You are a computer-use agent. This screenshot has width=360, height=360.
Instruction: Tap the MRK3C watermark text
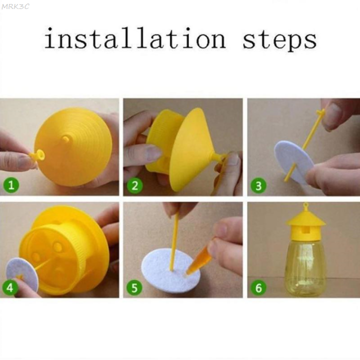pyautogui.click(x=15, y=6)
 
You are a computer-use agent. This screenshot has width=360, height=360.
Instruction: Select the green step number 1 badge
pyautogui.click(x=12, y=186)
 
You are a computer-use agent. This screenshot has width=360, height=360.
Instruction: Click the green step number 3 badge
pyautogui.click(x=258, y=186)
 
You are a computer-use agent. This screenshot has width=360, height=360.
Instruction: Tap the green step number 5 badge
pyautogui.click(x=135, y=288)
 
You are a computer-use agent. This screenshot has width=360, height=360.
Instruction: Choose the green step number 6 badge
pyautogui.click(x=258, y=288)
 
